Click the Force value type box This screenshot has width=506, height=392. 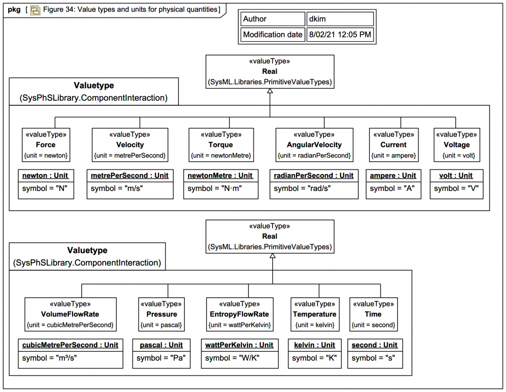pyautogui.click(x=46, y=145)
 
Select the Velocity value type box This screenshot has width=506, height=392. pyautogui.click(x=130, y=145)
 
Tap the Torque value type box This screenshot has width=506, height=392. pyautogui.click(x=221, y=145)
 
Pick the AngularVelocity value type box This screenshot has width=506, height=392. pyautogui.click(x=314, y=145)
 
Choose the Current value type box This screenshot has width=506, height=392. pyautogui.click(x=394, y=145)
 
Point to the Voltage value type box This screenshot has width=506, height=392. pyautogui.click(x=457, y=145)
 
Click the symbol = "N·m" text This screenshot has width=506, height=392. pyautogui.click(x=215, y=188)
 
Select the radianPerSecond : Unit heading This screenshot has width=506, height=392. pyautogui.click(x=313, y=176)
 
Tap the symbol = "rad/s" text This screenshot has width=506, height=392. pyautogui.click(x=302, y=188)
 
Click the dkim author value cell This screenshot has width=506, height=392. pyautogui.click(x=340, y=19)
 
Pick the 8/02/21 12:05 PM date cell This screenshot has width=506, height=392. pyautogui.click(x=340, y=35)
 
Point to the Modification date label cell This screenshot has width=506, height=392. pyautogui.click(x=273, y=35)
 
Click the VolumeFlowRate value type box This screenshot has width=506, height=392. pyautogui.click(x=70, y=314)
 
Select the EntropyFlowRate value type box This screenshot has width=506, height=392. pyautogui.click(x=240, y=314)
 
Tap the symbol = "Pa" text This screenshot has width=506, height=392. pyautogui.click(x=161, y=358)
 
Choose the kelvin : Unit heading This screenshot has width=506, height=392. pyautogui.click(x=315, y=345)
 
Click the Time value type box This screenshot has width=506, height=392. pyautogui.click(x=373, y=314)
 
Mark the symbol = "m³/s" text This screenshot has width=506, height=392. pyautogui.click(x=50, y=358)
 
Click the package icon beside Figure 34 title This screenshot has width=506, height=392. pyautogui.click(x=35, y=10)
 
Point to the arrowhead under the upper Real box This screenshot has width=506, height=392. pyautogui.click(x=270, y=91)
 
